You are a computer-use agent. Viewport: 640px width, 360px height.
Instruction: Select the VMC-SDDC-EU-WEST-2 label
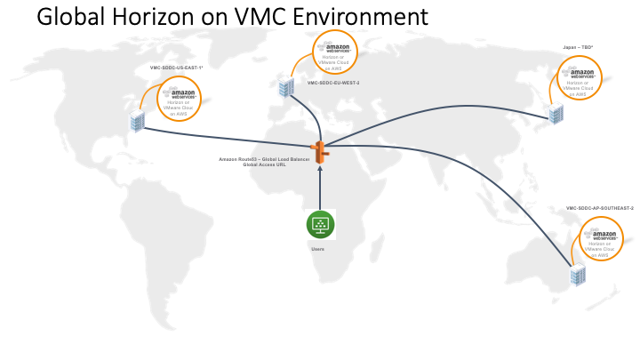[x=333, y=83]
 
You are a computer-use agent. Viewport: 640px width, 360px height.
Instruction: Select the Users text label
[x=317, y=249]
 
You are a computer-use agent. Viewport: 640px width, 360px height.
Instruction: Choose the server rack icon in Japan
[x=556, y=114]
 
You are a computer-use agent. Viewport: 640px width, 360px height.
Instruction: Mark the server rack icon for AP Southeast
[x=579, y=276]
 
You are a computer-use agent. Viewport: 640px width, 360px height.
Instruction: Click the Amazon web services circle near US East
[x=180, y=98]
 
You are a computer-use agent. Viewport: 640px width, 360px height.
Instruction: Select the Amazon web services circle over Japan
[x=582, y=79]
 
